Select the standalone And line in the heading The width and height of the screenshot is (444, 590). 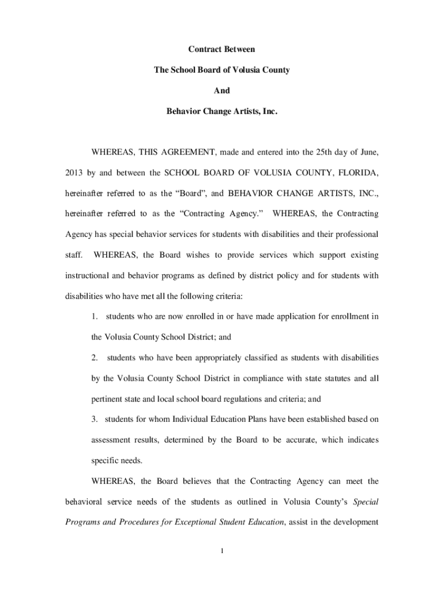(x=221, y=90)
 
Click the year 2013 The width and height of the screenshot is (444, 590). (x=73, y=173)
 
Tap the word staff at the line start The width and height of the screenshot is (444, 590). (x=73, y=255)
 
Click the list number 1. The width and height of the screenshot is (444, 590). (x=95, y=316)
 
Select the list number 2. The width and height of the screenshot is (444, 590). (x=95, y=358)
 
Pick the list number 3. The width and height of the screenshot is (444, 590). (x=95, y=419)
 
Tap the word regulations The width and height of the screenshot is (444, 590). (x=235, y=399)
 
